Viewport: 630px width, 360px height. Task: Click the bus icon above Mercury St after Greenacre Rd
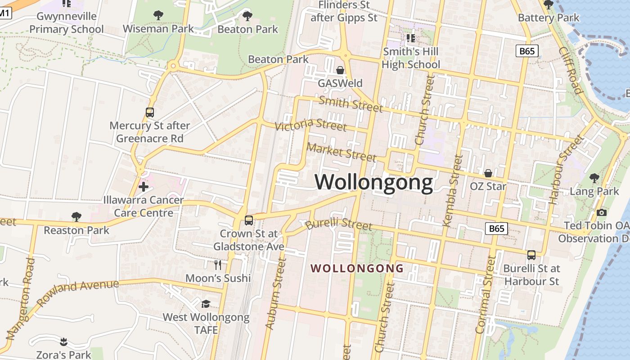point(150,112)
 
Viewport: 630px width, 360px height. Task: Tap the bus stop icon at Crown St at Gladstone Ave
point(248,220)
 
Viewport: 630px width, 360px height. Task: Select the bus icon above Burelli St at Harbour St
point(531,255)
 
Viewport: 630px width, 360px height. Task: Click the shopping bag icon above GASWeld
point(340,70)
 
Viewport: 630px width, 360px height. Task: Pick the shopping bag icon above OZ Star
point(488,173)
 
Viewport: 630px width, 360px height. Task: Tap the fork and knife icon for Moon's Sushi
point(218,265)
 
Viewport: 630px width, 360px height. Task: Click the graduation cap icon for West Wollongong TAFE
point(206,304)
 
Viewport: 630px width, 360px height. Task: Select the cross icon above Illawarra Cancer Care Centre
point(144,186)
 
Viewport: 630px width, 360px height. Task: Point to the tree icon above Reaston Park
point(76,217)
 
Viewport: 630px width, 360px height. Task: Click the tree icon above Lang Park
point(594,178)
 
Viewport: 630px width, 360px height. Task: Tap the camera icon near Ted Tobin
point(601,212)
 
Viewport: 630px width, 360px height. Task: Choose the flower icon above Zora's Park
point(63,342)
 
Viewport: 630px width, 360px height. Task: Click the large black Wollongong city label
point(373,182)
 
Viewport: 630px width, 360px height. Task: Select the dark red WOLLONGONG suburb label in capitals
point(357,269)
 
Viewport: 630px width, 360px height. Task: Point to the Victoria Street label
point(310,125)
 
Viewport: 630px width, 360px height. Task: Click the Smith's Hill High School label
point(410,58)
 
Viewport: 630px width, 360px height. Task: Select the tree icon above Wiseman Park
point(158,15)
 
